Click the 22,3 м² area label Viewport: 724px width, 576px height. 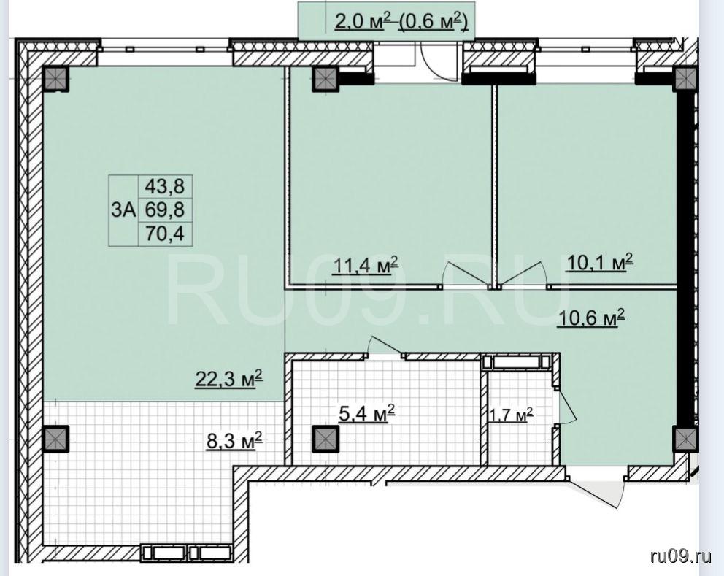coord(229,379)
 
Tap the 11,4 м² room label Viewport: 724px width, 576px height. coord(365,265)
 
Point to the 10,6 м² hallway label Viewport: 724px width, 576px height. coord(591,318)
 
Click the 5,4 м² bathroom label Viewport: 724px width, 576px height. coord(366,413)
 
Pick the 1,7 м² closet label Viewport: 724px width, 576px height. coord(511,415)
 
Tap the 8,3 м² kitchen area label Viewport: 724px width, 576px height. coord(234,440)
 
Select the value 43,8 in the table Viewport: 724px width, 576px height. coord(165,186)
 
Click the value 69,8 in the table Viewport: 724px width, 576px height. coord(165,210)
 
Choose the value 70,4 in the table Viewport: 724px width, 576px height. coord(165,234)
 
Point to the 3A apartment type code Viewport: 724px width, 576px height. coord(123,210)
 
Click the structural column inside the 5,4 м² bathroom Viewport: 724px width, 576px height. coord(326,438)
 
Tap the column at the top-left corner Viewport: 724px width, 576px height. coord(55,79)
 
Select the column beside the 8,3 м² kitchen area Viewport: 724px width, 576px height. coord(55,438)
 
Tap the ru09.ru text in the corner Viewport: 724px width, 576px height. coord(681,556)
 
